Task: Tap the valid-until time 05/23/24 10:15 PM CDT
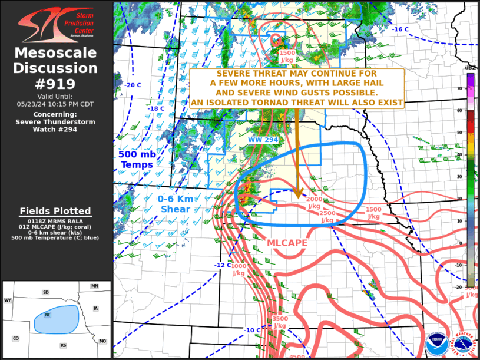click(55, 104)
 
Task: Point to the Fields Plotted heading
click(55, 211)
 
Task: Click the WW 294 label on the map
click(263, 139)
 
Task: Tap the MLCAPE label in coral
click(288, 242)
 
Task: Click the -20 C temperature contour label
click(133, 85)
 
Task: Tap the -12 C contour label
click(222, 265)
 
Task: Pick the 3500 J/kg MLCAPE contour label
click(280, 322)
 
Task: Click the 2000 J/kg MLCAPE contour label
click(314, 203)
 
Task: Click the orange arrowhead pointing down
click(298, 193)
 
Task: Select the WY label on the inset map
click(8, 300)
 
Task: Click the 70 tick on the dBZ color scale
click(459, 88)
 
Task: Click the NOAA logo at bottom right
click(436, 342)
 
